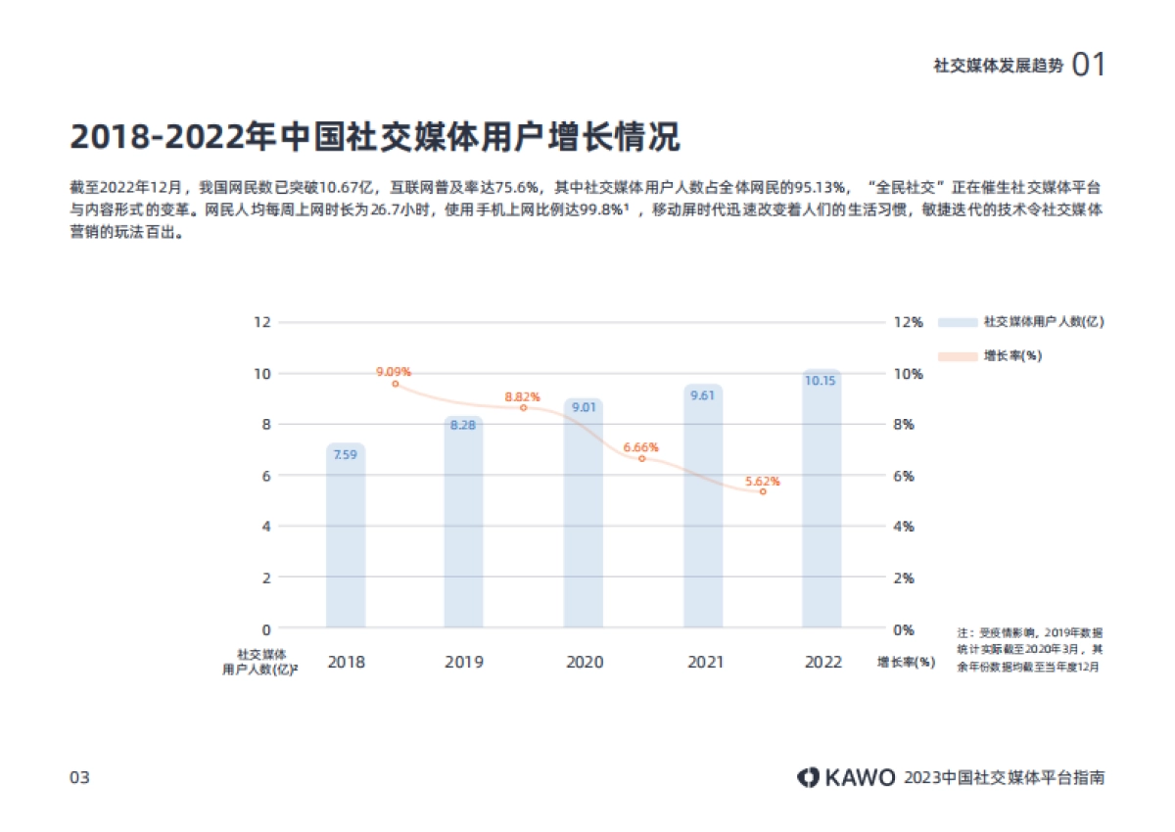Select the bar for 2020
point(584,514)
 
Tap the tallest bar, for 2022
point(822,499)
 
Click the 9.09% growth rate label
point(394,372)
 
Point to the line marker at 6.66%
point(642,458)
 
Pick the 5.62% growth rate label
point(763,481)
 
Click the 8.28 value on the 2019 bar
point(463,425)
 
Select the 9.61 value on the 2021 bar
point(702,395)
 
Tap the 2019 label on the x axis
point(464,663)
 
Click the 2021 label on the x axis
point(704,663)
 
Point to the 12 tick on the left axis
point(261,322)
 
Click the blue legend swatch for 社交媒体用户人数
point(958,322)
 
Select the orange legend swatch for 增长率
point(958,356)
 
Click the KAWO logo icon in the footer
point(808,777)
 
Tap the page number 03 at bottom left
point(79,778)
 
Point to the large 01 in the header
point(1089,65)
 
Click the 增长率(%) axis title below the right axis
point(906,663)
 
